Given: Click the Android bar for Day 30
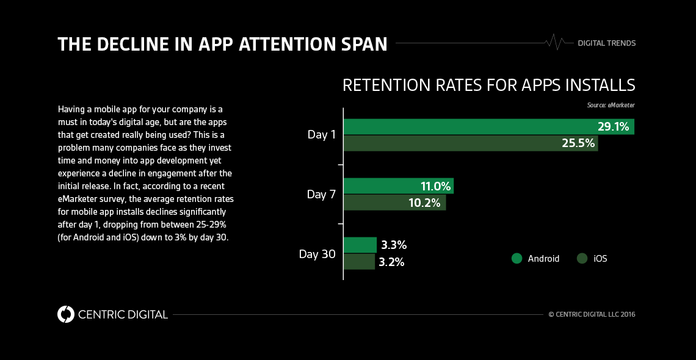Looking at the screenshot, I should tap(360, 245).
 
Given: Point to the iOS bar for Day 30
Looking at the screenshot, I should tap(359, 262).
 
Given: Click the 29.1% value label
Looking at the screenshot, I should tap(614, 126).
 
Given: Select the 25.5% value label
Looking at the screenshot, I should tap(577, 143).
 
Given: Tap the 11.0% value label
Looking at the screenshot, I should tap(435, 186).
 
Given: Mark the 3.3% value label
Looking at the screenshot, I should tap(394, 245).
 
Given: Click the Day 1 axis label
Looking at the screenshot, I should tap(321, 135).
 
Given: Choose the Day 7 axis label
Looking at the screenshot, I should tap(321, 195).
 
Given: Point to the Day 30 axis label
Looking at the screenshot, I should tap(317, 254).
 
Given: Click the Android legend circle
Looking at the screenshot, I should tap(517, 258).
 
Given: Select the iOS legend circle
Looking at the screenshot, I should tap(582, 258).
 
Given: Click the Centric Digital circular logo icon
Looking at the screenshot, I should tap(65, 314).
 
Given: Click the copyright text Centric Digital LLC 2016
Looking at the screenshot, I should tap(592, 315).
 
